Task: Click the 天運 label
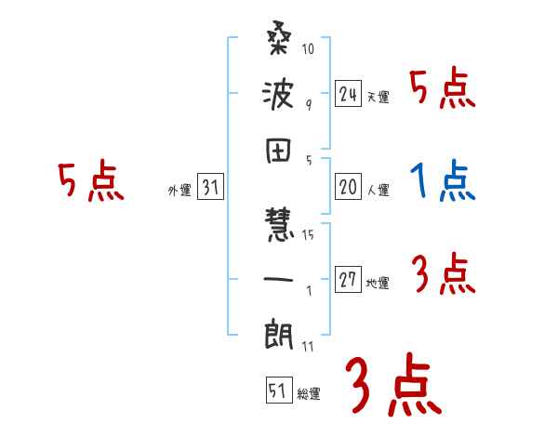pos(378,98)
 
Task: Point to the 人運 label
pos(378,191)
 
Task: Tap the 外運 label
pos(179,191)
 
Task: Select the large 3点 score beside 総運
pos(392,385)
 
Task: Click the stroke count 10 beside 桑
pos(309,48)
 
